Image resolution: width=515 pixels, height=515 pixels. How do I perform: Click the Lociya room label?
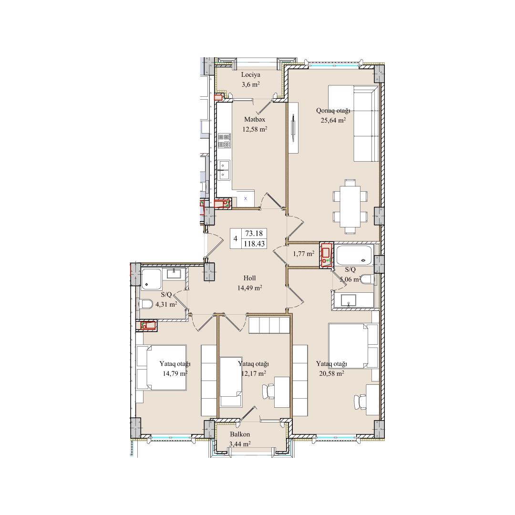pos(251,75)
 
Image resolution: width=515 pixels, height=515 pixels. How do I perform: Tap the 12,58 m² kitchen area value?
pos(255,129)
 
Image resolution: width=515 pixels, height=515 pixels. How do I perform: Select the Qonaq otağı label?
pos(333,111)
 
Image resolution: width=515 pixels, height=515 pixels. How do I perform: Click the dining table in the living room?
pos(350,206)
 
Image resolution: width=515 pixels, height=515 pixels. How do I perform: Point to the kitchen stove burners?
pos(224,141)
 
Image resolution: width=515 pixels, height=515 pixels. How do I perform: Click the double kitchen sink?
pos(224,170)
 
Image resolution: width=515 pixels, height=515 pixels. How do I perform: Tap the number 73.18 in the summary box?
pos(254,234)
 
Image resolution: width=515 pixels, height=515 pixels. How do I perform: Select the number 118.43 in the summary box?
pos(254,244)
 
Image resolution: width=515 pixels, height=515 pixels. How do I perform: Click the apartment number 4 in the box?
pos(235,239)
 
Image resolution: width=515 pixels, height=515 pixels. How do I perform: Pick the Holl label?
pos(249,278)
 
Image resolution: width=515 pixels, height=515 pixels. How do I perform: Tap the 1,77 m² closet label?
pos(303,254)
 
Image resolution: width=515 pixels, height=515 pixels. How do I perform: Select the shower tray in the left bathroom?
pos(152,279)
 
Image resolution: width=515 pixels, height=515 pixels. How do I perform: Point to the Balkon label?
pos(240,434)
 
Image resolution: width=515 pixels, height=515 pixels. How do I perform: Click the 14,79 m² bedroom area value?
pos(175,373)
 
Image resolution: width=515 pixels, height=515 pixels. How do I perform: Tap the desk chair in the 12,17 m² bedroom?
pos(268,391)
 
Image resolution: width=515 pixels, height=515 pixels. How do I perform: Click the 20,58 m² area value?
pos(331,373)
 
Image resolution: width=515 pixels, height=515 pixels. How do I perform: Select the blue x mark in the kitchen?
pos(246,198)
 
